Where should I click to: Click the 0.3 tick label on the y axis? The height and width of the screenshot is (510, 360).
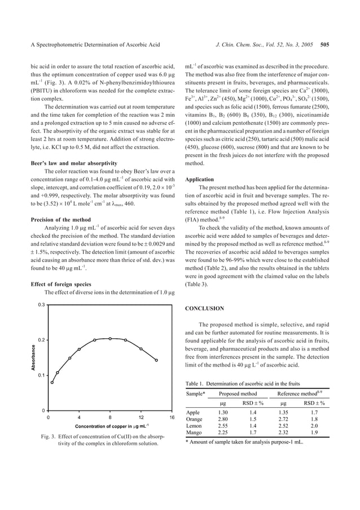coord(41,304)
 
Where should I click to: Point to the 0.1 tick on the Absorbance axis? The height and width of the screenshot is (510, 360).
coord(41,375)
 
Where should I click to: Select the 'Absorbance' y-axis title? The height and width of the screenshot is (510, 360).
coord(25,358)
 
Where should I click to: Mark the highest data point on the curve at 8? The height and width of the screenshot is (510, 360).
coord(110,338)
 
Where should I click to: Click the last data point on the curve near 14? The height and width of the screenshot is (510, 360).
coord(156,360)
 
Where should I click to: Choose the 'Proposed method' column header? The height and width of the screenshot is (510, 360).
coord(238,394)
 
